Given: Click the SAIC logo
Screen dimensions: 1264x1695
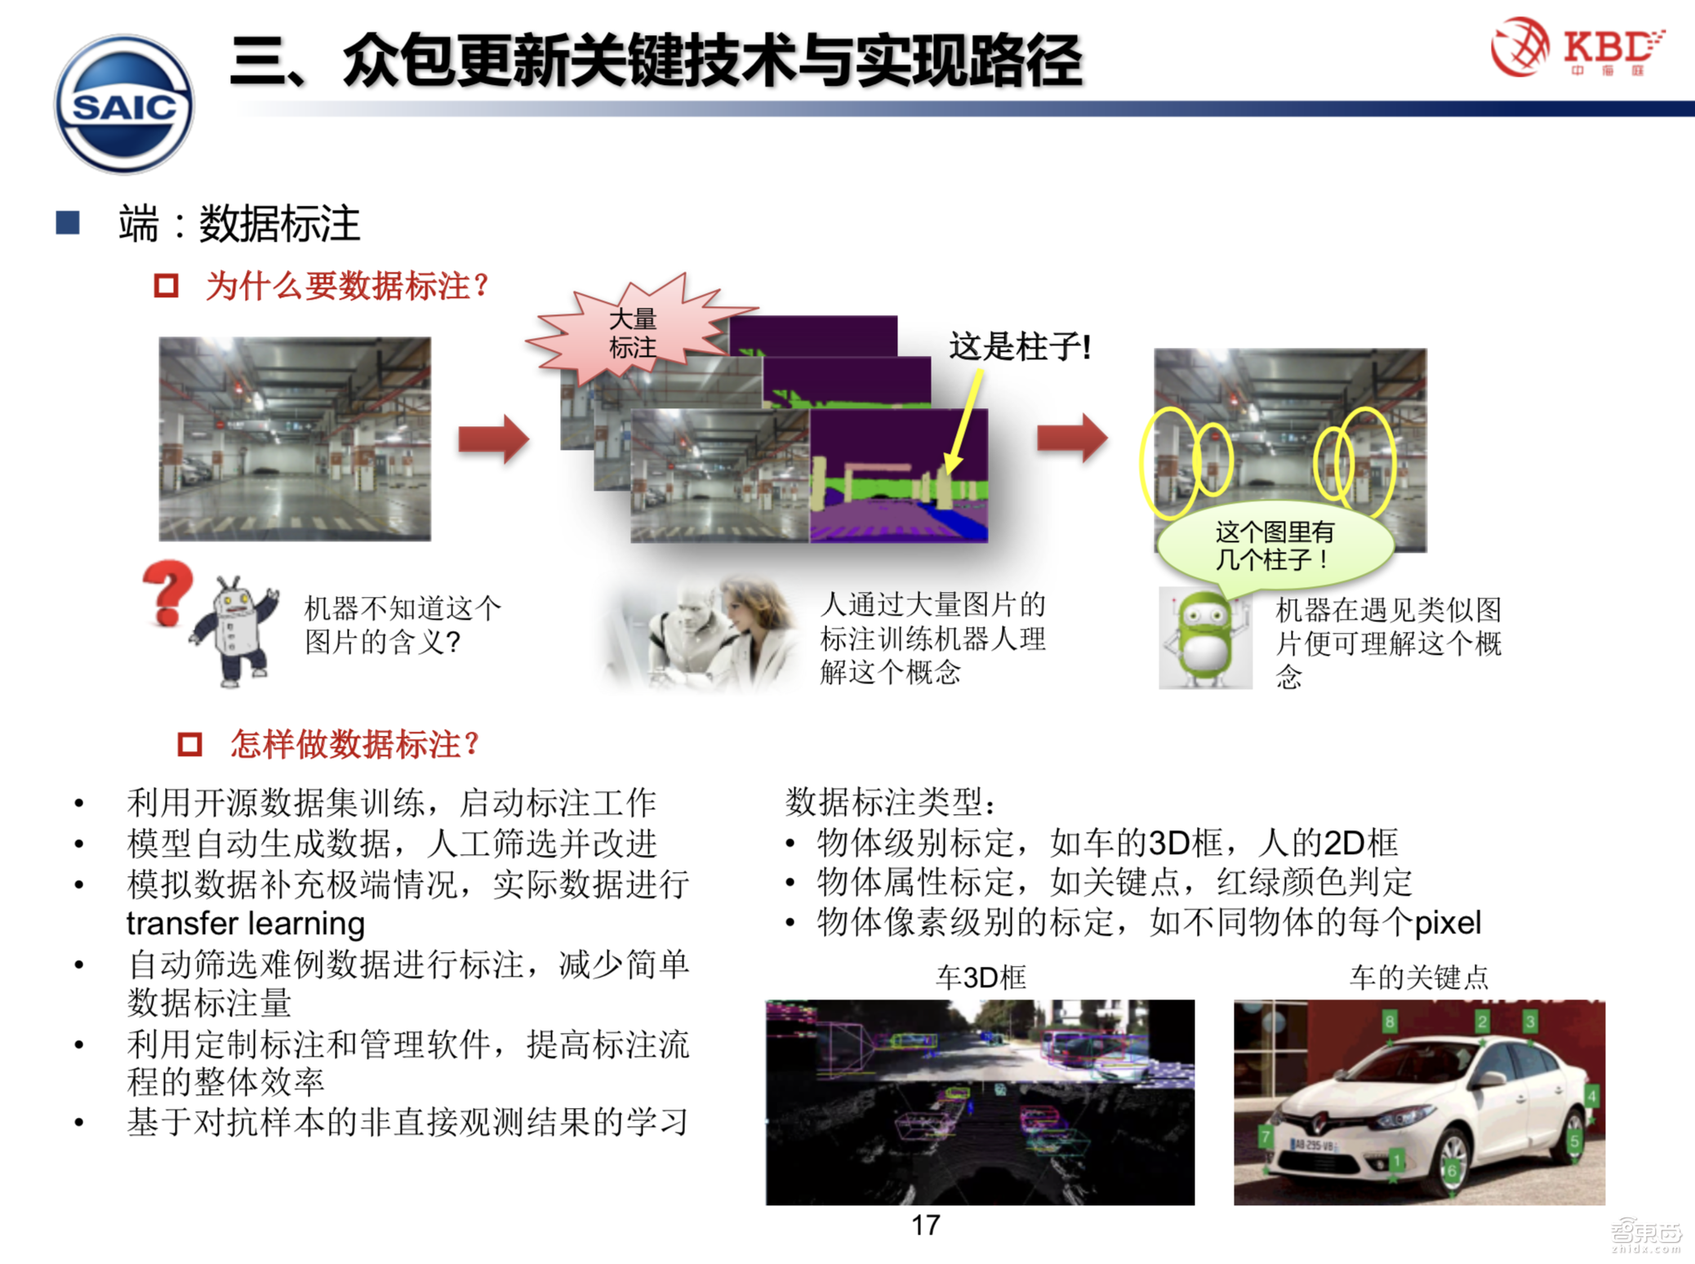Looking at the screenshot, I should point(124,105).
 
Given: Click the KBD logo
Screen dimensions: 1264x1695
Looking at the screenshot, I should point(1577,47).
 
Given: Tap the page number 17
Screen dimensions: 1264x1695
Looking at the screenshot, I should point(925,1225).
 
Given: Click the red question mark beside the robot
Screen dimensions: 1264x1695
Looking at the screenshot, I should point(168,591).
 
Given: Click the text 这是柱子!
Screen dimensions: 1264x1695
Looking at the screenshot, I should point(1019,347).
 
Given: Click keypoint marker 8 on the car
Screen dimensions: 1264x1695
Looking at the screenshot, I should point(1390,1021).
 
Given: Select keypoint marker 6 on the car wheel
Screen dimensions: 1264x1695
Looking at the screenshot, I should point(1452,1170).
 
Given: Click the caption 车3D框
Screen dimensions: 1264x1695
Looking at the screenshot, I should point(981,977).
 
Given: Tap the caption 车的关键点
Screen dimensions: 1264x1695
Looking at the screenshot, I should point(1418,977).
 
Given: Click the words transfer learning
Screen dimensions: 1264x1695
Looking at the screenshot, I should point(245,924).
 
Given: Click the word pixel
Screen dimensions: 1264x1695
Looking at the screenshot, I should point(1447,923).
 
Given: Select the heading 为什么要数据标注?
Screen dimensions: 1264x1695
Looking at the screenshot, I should point(346,286).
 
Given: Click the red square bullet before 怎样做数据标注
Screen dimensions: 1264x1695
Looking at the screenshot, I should point(189,744).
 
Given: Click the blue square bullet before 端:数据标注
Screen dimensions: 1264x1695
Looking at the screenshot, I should point(68,223).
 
